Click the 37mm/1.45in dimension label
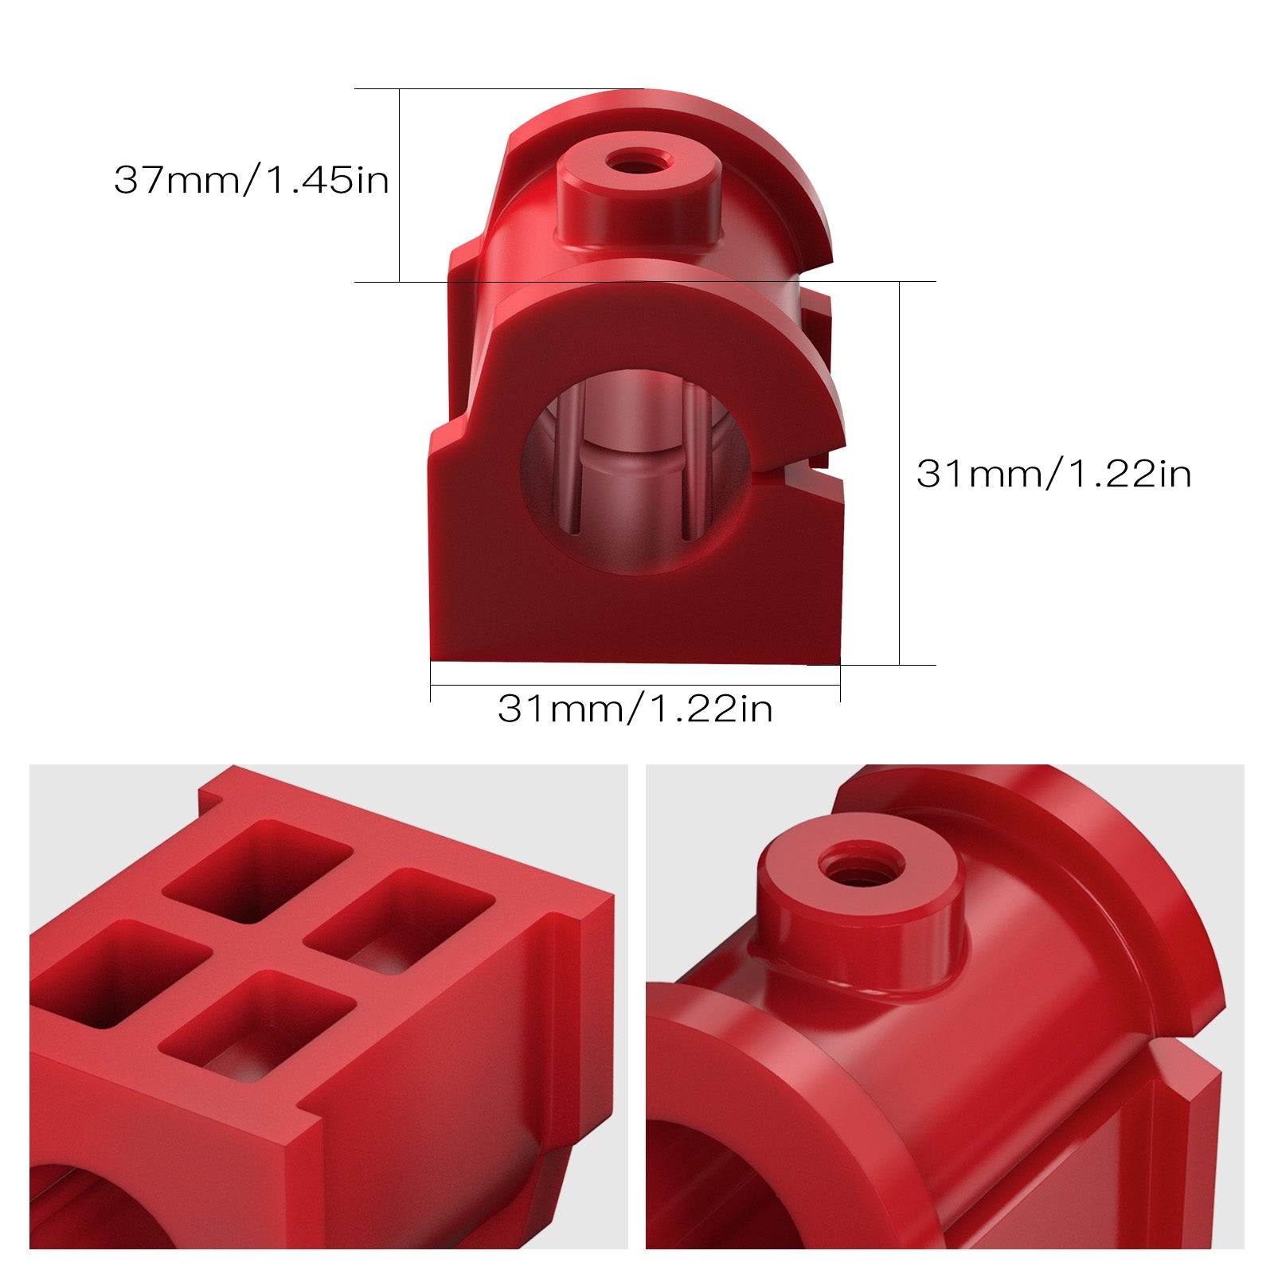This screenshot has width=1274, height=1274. pos(251,180)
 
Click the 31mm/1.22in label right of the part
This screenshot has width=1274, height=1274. pos(1053,475)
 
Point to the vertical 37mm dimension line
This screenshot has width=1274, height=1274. pos(399,185)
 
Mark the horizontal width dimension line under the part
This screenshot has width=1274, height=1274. pos(635,685)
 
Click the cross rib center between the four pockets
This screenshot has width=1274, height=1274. pos(257,948)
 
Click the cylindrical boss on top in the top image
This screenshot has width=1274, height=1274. pos(637,203)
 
